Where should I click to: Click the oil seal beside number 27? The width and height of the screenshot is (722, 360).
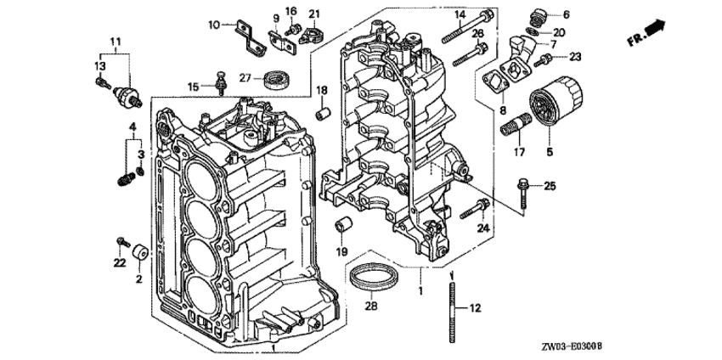[x=276, y=80]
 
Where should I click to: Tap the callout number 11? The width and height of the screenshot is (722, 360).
[x=116, y=41]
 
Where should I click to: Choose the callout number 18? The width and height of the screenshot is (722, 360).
[x=323, y=90]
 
